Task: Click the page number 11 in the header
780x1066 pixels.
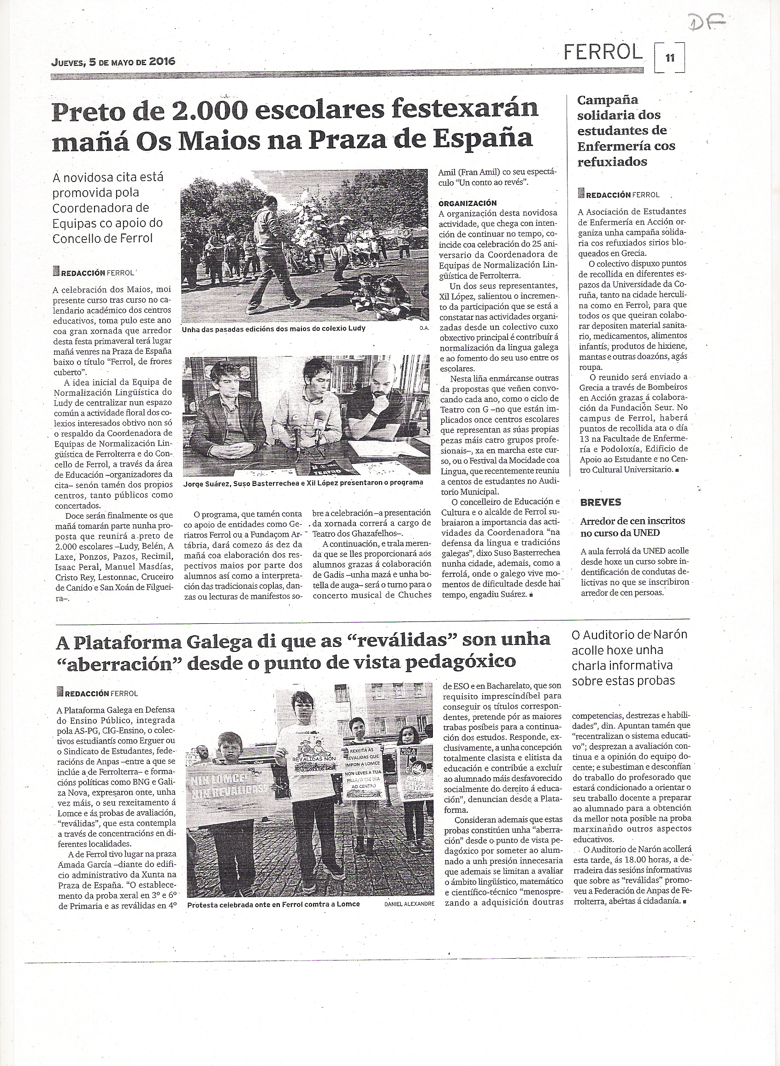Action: click(669, 59)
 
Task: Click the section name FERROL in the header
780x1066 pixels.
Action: click(603, 53)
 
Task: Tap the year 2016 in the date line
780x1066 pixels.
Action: click(162, 61)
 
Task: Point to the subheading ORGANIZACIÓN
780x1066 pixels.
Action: click(467, 203)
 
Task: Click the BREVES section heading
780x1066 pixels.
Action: click(601, 502)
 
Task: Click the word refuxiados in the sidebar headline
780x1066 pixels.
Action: click(612, 162)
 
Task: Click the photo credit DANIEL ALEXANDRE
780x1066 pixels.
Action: click(409, 574)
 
